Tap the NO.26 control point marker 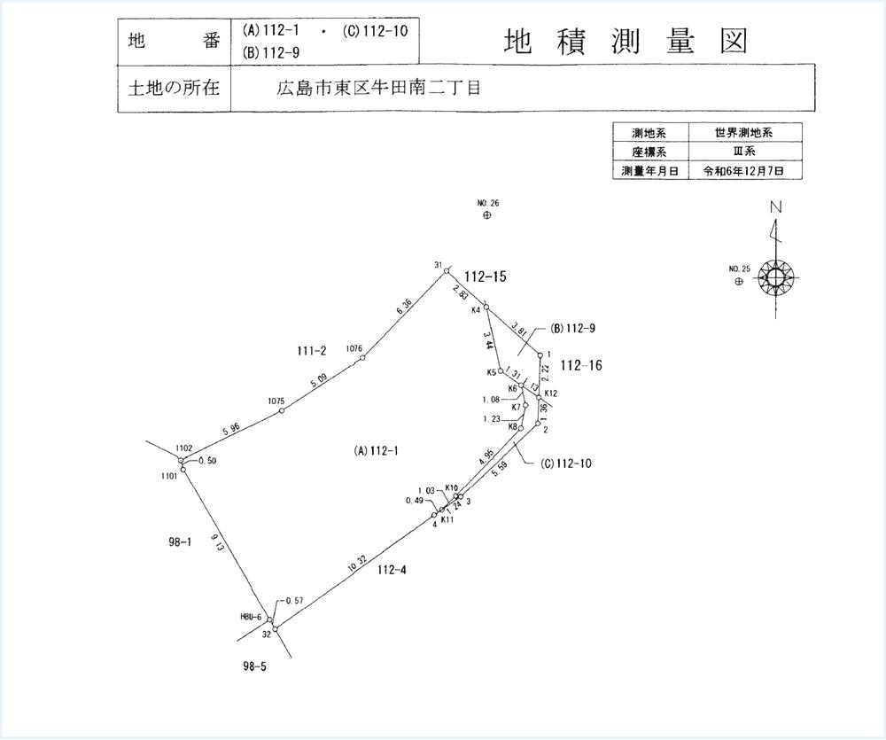(x=486, y=215)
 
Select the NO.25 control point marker (x=739, y=281)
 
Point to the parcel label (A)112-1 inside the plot (x=376, y=451)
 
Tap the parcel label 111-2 (x=312, y=352)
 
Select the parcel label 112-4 (x=392, y=570)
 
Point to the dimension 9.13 (x=216, y=541)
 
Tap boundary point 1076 (x=362, y=357)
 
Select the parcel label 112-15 (x=485, y=277)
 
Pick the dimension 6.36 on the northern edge (x=403, y=308)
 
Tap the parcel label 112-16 (x=581, y=364)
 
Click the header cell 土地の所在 (x=173, y=90)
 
